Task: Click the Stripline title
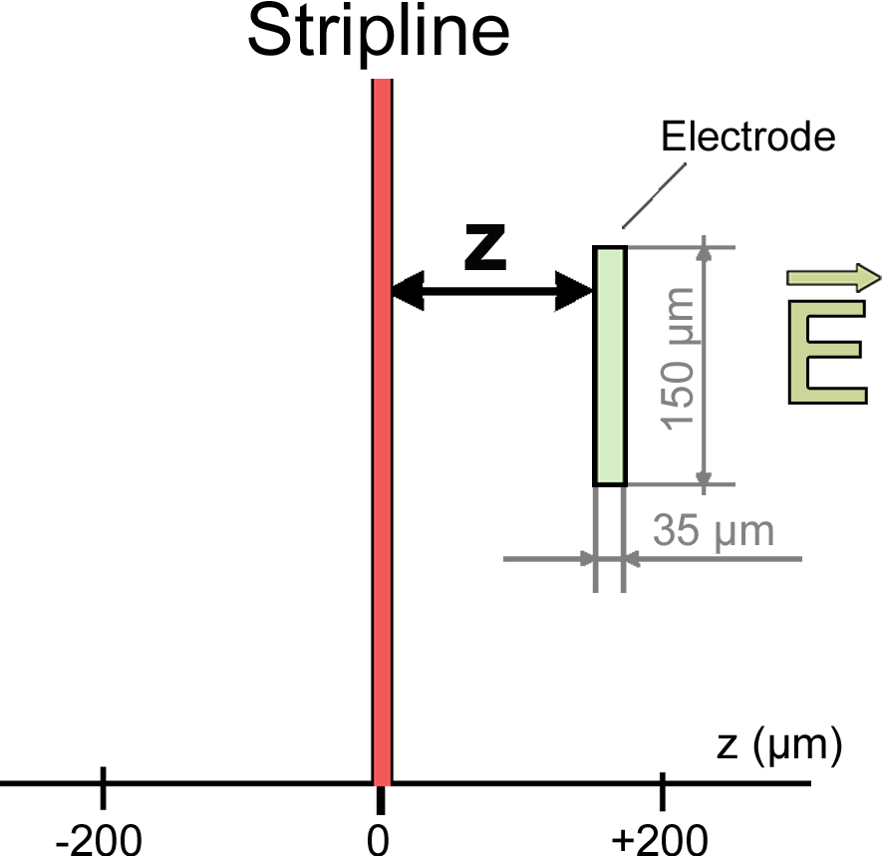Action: tap(378, 32)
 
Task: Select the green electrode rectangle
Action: tap(610, 366)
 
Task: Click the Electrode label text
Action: tap(747, 137)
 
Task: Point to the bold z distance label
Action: tap(486, 250)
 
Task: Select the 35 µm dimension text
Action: tap(714, 530)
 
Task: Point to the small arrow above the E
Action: tap(833, 277)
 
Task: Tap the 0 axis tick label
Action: tap(378, 837)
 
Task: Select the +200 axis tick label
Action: tap(661, 837)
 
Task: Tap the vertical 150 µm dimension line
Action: tap(705, 366)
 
